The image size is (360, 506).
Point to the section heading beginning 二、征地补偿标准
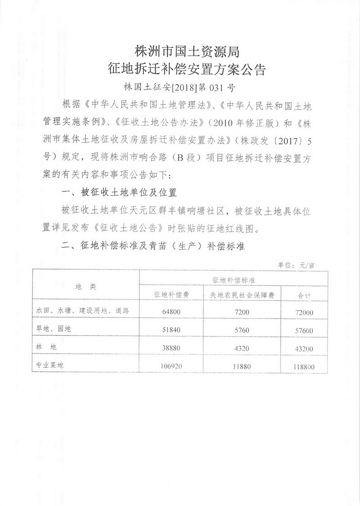[x=153, y=246]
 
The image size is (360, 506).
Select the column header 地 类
[x=85, y=287]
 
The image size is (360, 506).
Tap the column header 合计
[x=306, y=296]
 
